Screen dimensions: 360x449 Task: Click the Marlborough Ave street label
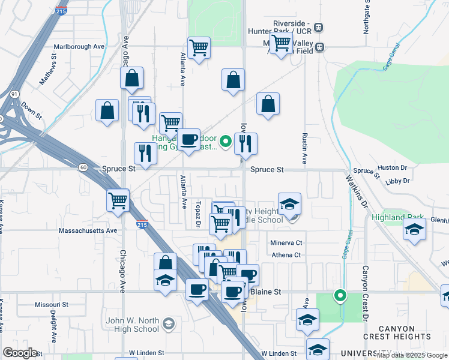pos(79,46)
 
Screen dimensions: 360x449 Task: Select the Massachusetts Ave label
pos(88,230)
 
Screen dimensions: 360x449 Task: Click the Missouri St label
pos(52,305)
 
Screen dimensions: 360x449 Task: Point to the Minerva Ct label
pos(286,243)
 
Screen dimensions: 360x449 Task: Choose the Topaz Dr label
pos(197,215)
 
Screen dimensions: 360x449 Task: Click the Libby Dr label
pos(397,181)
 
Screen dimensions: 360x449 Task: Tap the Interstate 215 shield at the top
pos(61,11)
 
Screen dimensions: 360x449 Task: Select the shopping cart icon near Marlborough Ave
pos(199,48)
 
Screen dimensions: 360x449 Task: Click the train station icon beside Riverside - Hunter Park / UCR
pos(318,28)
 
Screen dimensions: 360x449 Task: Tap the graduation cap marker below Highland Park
pos(414,230)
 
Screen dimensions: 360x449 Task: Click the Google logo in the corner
pos(20,353)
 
